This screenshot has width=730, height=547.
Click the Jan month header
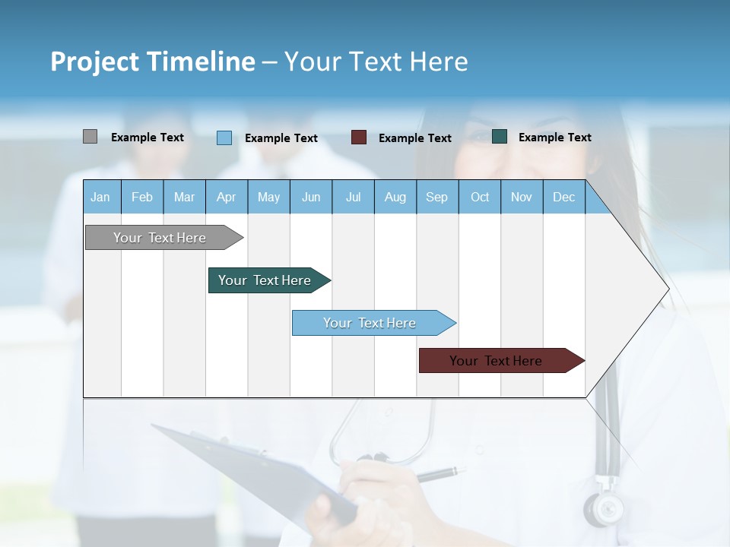100,198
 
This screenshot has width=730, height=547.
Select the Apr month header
226,198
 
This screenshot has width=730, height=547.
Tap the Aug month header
395,198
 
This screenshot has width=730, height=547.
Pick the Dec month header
563,198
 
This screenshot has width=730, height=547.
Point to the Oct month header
480,198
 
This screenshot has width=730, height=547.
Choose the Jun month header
311,198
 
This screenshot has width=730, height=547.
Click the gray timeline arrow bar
160,238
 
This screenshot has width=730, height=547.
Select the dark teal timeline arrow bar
265,280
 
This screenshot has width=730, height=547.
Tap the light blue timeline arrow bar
370,323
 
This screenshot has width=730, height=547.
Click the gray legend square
90,137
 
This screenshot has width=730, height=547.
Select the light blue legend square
224,138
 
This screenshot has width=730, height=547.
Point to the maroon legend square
358,138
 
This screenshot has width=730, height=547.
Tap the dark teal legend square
499,137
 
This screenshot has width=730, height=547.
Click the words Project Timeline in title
152,62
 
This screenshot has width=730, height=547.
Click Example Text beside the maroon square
414,138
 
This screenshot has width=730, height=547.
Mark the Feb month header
142,198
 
